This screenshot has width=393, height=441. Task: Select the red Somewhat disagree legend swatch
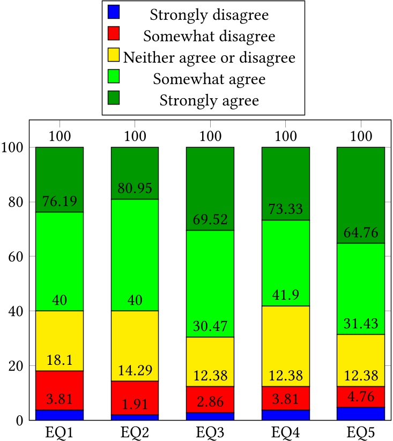[114, 33]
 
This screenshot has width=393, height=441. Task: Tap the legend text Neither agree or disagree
[209, 57]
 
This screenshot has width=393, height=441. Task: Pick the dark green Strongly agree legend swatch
[114, 97]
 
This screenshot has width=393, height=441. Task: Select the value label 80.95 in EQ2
[135, 189]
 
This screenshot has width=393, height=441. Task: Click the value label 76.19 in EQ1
[60, 202]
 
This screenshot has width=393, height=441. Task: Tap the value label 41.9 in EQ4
[285, 296]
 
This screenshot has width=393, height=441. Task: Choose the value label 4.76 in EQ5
[361, 398]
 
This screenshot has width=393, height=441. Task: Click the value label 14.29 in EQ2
[135, 371]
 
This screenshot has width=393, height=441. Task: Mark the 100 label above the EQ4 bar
[285, 136]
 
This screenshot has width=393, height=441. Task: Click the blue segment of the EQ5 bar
[361, 414]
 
